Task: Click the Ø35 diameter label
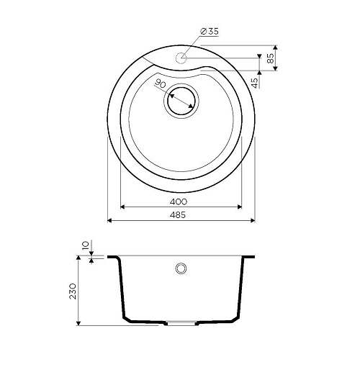point(209,32)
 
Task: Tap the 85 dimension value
point(270,58)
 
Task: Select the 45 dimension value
point(256,83)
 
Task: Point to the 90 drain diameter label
point(161,83)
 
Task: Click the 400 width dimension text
point(179,201)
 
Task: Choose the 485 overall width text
point(178,214)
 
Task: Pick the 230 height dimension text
point(73,291)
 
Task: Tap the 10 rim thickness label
point(86,245)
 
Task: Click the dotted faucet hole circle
point(181,58)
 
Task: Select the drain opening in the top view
point(181,101)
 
